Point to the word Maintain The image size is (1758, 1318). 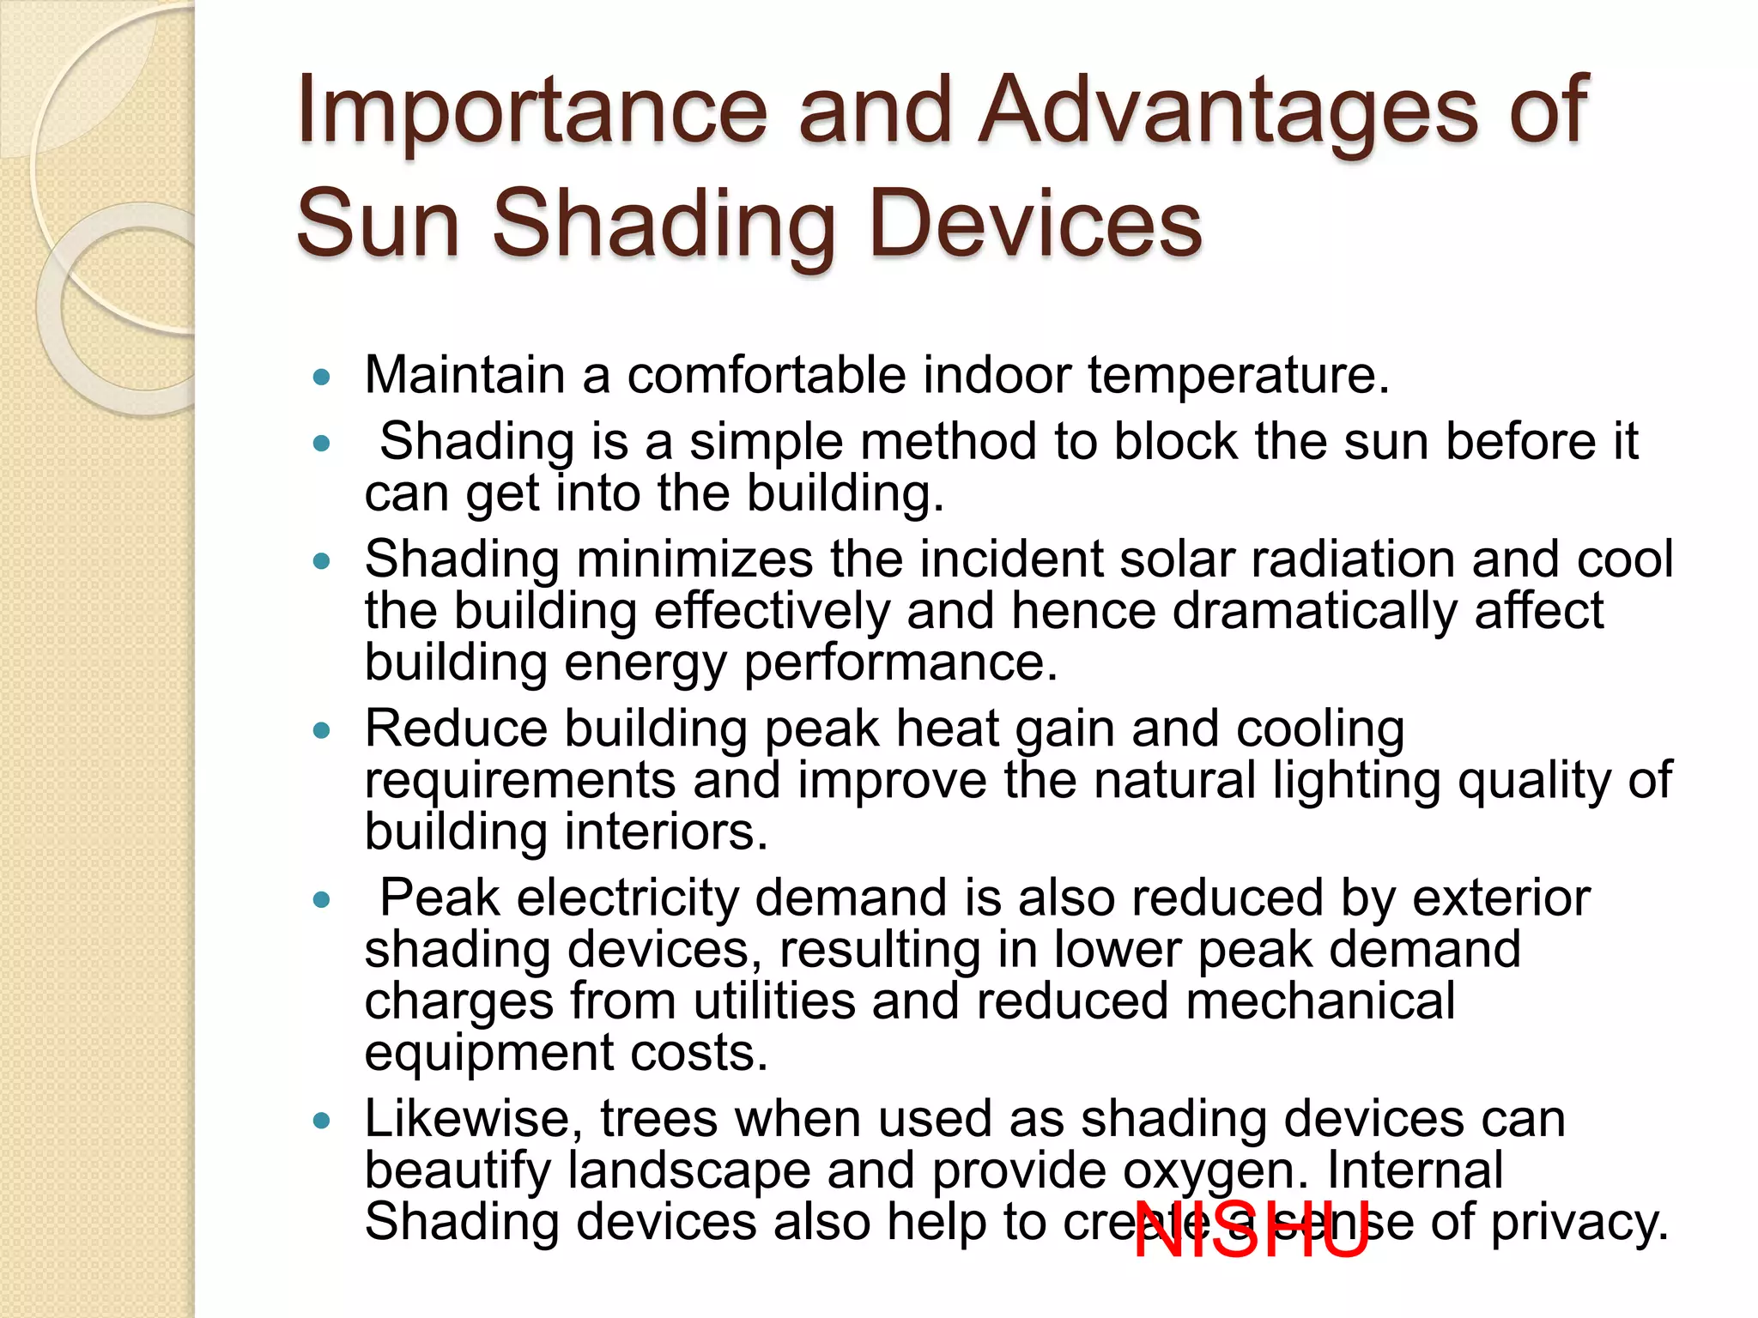464,375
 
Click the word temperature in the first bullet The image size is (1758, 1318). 1237,376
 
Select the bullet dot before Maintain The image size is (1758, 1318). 322,377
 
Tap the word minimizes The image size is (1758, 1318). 694,559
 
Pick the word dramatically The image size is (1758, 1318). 1314,611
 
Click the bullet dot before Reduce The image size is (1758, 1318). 322,730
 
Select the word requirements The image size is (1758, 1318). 520,781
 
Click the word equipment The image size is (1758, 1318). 489,1054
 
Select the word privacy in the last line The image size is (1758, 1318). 1578,1222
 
